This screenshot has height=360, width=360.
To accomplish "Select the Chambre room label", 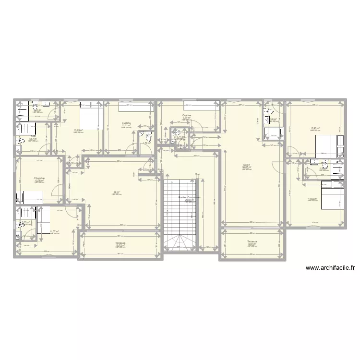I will [39, 178].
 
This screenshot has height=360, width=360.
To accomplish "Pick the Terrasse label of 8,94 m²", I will [252, 241].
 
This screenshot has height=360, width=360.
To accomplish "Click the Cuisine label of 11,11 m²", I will [126, 122].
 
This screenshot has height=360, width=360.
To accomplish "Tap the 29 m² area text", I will [115, 192].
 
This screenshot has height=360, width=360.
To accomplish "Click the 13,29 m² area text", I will [78, 130].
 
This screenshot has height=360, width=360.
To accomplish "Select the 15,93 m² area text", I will [314, 128].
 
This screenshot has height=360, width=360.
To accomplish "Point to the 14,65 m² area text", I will [312, 199].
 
